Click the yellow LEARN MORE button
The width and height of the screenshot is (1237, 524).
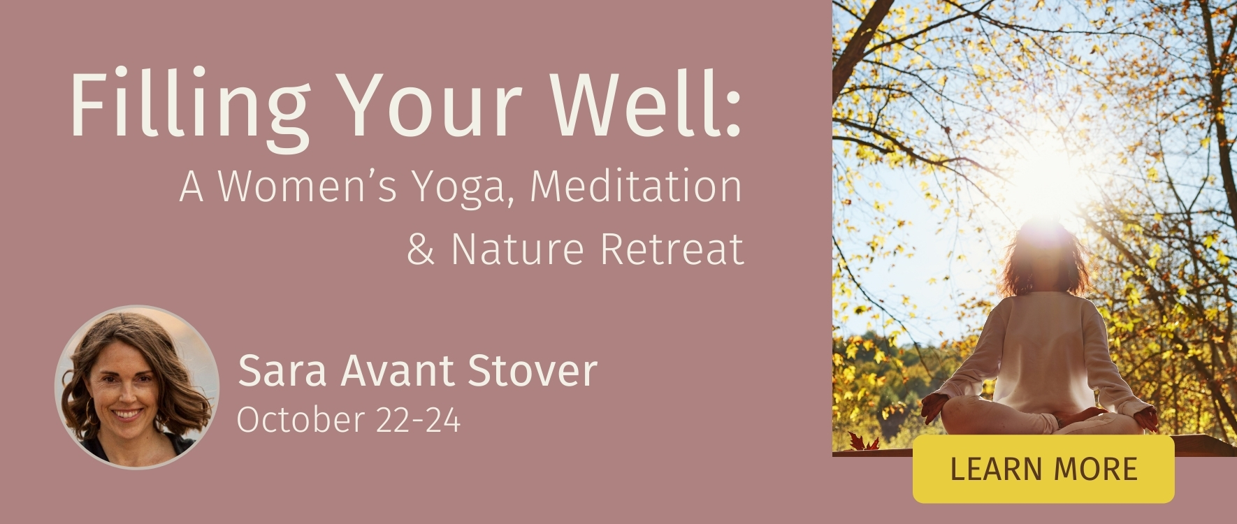(x=1043, y=469)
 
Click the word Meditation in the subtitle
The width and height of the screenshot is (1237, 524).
(x=636, y=187)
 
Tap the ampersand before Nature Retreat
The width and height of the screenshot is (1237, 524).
(x=421, y=249)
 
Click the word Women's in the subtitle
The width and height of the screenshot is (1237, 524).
(x=308, y=187)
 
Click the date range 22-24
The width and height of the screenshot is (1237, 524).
(x=418, y=420)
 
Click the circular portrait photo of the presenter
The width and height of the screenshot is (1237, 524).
(x=137, y=387)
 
